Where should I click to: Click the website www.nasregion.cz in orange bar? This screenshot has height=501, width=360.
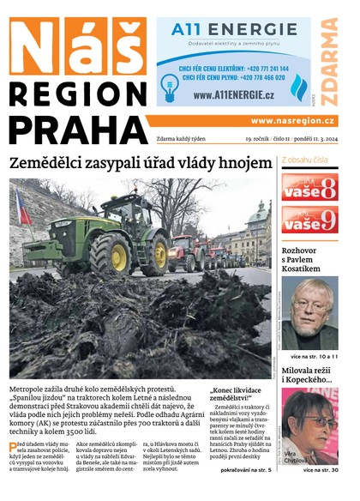tap(292, 121)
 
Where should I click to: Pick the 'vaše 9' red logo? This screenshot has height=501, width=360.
tap(309, 220)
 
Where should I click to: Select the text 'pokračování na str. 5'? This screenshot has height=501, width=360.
tap(246, 470)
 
